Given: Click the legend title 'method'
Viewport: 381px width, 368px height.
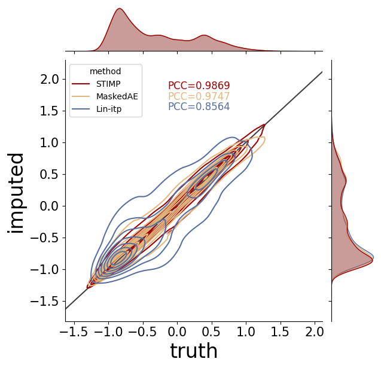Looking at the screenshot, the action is tap(105, 71).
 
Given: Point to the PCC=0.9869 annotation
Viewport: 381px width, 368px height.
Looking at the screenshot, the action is tap(199, 86).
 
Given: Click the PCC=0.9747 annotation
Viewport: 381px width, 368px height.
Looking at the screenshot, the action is tap(199, 96).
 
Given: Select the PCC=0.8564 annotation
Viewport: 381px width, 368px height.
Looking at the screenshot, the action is tap(199, 107).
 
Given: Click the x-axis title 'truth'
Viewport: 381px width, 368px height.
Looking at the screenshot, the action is tap(194, 351).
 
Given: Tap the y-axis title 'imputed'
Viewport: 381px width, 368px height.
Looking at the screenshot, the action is tap(16, 193).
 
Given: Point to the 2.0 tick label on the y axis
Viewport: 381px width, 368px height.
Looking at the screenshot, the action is tap(50, 80).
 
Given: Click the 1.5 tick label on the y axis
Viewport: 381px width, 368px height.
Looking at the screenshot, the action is tap(50, 111).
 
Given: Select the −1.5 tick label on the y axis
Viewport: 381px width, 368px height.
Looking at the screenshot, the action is tap(45, 302).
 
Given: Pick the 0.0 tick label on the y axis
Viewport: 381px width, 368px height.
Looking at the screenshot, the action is tap(50, 206).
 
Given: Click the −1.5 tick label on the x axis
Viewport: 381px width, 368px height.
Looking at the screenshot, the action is tap(74, 331).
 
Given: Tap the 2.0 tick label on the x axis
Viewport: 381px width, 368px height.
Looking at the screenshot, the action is tap(315, 331).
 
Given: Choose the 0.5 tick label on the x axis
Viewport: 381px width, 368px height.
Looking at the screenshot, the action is tap(212, 331).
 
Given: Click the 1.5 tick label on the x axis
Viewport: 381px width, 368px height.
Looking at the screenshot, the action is tap(280, 331).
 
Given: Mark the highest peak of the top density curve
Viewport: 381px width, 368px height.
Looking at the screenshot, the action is tap(119, 8).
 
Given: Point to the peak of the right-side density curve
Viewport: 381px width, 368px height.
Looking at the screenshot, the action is tap(373, 260).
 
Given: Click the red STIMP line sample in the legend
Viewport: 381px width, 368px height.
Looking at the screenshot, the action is tap(81, 84).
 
